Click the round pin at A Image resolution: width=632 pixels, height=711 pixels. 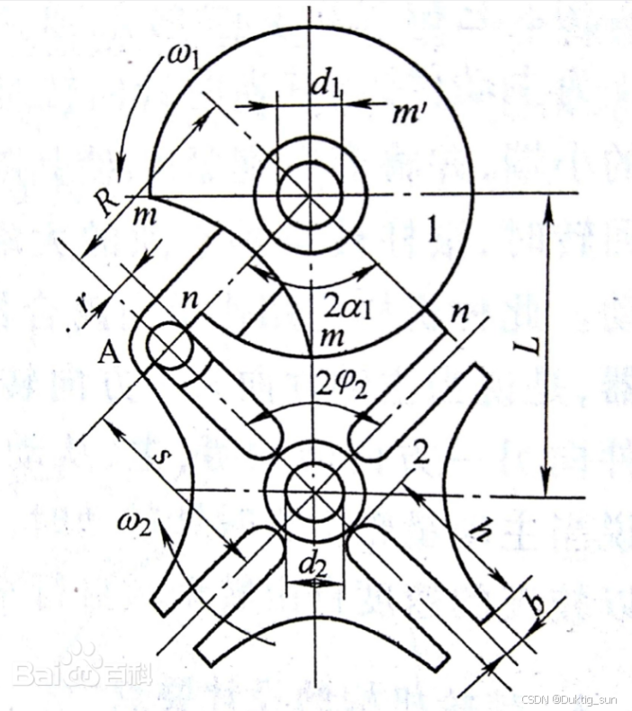coord(168,346)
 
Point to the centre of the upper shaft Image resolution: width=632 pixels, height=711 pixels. coord(310,195)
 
